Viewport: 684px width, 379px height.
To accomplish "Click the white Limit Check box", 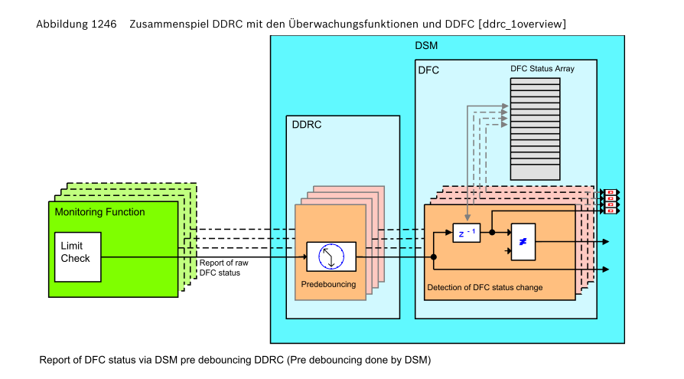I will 78,256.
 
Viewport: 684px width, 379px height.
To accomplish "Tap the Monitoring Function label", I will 99,212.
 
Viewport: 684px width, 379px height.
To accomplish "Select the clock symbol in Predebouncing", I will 331,256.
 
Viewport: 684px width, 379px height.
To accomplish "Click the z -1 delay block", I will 466,231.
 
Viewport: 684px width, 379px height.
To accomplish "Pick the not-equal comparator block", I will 523,242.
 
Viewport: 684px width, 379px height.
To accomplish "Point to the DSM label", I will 426,46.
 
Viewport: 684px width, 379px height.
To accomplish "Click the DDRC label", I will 307,125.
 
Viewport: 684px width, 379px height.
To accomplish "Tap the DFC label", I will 428,70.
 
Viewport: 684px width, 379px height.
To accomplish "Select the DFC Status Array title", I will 542,69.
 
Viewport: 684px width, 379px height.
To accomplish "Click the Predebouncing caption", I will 328,284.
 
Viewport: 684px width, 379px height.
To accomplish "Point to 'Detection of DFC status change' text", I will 484,288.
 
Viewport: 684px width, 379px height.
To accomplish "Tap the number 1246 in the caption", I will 103,25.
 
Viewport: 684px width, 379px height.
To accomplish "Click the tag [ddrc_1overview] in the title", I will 521,25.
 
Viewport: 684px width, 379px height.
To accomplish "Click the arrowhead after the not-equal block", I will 605,242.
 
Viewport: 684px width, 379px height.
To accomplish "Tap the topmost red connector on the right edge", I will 611,192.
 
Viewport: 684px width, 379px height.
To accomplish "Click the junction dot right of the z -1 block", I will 492,231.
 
